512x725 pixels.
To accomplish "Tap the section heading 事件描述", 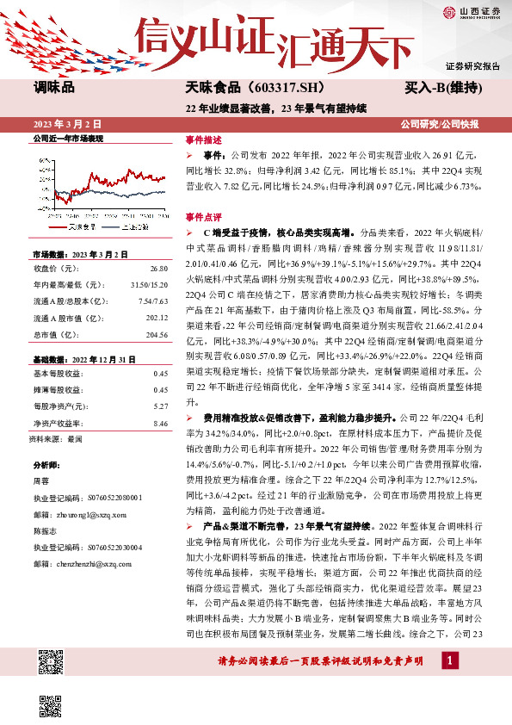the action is coord(203,139).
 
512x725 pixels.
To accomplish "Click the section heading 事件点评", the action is coord(203,218).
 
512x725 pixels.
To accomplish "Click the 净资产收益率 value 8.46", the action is coord(159,424).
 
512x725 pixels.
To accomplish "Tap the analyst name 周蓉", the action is coord(40,481).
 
